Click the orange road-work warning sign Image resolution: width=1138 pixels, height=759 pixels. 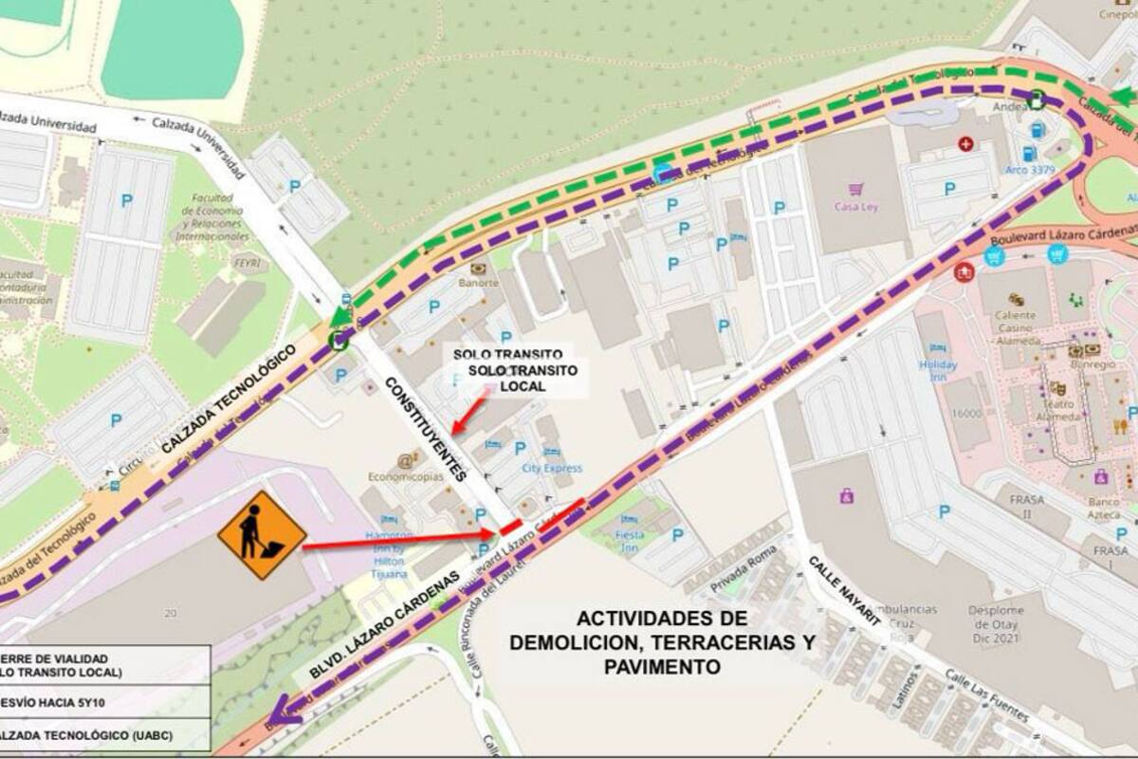point(262,535)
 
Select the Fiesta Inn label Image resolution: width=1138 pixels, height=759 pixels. point(629,540)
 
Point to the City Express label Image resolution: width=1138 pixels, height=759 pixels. point(552,468)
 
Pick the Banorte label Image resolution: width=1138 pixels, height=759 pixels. point(478,282)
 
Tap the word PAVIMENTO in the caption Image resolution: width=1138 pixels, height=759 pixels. point(661,667)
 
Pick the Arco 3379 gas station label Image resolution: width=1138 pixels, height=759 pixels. point(1029,171)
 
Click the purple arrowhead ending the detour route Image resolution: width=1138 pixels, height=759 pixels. point(283,707)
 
